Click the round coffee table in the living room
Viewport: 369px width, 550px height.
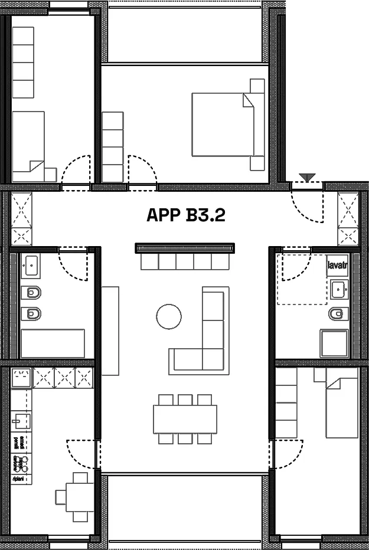coord(169,317)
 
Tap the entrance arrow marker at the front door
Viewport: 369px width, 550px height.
coord(306,175)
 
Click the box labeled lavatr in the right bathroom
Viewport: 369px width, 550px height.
coord(337,266)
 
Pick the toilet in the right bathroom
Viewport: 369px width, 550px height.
coord(337,313)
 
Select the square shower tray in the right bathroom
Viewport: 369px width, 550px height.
coord(334,343)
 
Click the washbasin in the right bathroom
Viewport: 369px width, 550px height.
coord(338,289)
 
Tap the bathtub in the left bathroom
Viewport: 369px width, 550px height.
coord(53,343)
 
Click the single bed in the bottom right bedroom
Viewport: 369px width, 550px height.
coord(342,407)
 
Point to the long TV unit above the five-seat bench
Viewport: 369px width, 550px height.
coord(185,248)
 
